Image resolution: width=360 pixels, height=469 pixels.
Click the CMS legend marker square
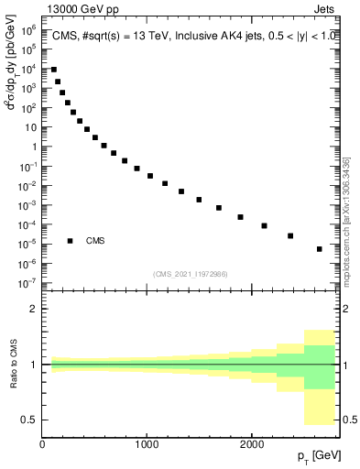point(71,241)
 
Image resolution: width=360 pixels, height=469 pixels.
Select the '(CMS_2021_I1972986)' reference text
point(191,274)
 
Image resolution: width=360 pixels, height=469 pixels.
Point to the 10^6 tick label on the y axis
point(29,30)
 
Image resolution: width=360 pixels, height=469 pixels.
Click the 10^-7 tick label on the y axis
point(29,283)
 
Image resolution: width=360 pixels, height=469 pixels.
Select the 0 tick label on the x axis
point(42,444)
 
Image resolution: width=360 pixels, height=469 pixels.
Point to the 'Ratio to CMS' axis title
point(12,364)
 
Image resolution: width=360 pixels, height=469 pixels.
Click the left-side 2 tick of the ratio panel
point(34,310)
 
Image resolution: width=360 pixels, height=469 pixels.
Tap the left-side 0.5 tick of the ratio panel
point(29,420)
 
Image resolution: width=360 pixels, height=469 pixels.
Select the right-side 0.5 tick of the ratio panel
point(350,420)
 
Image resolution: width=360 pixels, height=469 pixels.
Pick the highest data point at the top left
point(54,70)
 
